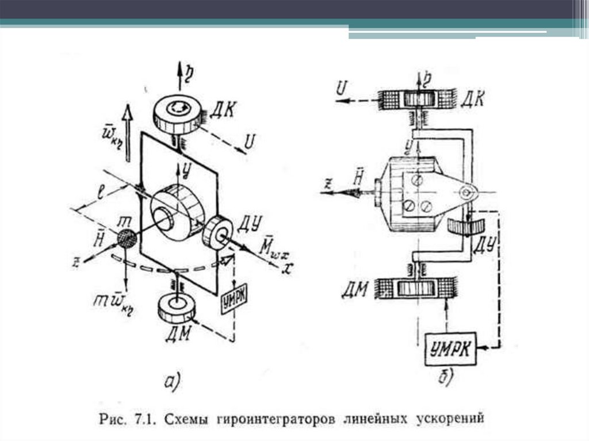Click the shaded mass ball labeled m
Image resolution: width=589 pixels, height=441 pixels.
tap(127, 237)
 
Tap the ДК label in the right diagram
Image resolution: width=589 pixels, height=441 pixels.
tap(472, 99)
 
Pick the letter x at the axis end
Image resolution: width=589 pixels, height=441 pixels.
tap(284, 269)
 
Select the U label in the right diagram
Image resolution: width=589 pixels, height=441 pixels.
tap(341, 88)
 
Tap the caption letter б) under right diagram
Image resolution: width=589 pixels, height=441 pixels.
tap(445, 377)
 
